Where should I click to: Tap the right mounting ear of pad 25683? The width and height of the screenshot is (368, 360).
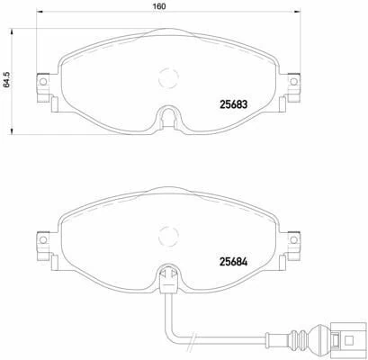point(292,84)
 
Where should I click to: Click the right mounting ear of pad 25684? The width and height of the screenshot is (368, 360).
point(292,243)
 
